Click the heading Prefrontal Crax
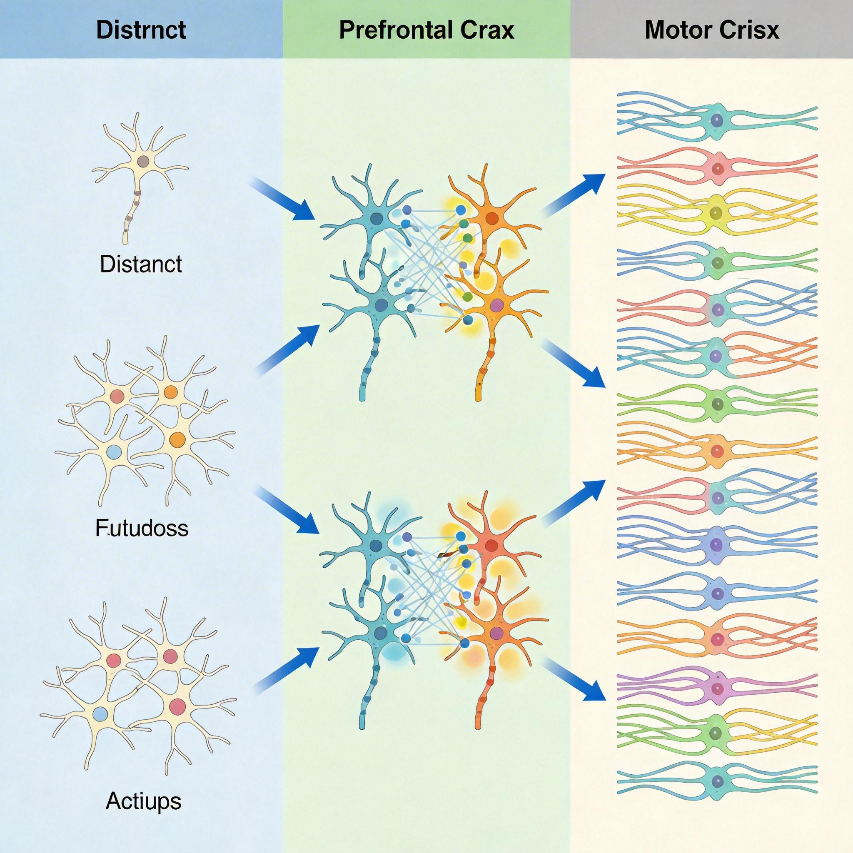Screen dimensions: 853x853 coord(426,30)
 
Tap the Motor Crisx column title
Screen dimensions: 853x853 coord(712,30)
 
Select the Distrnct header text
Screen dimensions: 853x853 coord(141,30)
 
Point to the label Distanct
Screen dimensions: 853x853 coord(141,264)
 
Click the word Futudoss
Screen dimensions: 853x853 coord(142,529)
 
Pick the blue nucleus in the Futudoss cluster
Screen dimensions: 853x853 coord(114,451)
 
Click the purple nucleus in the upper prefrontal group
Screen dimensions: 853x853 coord(496,304)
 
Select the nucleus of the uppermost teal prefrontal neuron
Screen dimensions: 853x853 coord(377,218)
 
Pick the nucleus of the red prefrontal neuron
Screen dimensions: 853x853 coord(491,546)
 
